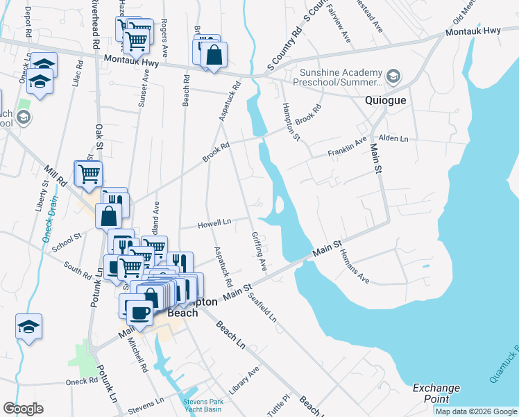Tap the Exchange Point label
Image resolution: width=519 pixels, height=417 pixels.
click(x=436, y=393)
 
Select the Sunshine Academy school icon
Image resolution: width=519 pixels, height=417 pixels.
click(x=393, y=75)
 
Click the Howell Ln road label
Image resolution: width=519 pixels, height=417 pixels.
click(x=214, y=224)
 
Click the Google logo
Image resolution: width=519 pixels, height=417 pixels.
click(x=23, y=409)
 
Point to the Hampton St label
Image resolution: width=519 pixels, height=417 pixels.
click(x=291, y=122)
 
